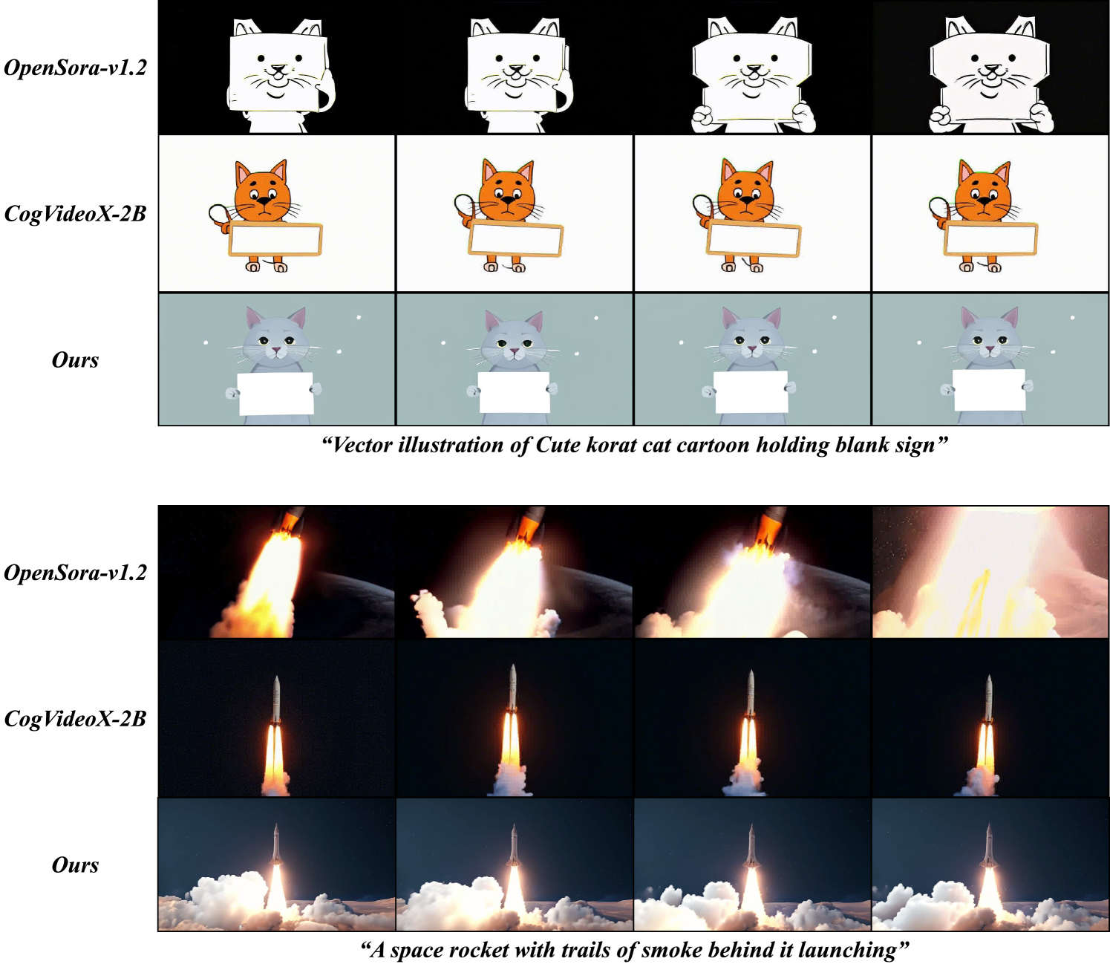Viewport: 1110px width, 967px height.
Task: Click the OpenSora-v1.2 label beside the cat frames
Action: pos(76,68)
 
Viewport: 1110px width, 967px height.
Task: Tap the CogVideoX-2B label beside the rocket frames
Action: pos(76,719)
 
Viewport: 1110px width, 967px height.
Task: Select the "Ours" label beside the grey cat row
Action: pos(76,359)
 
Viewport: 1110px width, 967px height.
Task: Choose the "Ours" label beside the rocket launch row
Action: pos(76,865)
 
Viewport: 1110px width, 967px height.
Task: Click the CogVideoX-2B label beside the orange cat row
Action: pos(76,214)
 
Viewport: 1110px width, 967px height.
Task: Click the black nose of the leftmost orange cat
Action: pos(264,201)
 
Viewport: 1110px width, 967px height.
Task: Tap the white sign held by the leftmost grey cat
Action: pos(275,393)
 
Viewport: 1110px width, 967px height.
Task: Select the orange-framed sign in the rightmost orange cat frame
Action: pos(990,238)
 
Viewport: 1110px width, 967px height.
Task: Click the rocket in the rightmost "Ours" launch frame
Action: pos(988,847)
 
